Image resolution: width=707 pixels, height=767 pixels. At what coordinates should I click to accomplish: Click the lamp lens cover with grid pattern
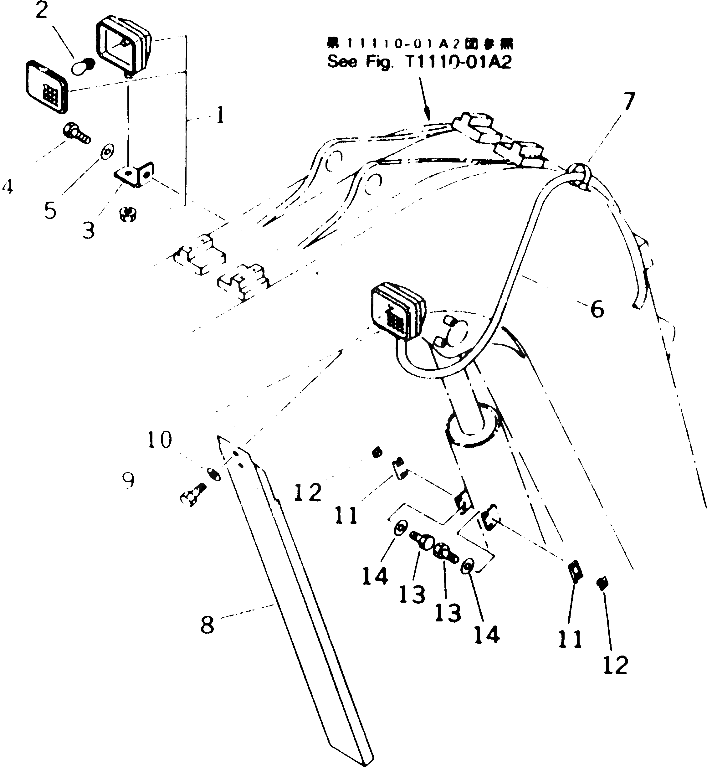click(47, 87)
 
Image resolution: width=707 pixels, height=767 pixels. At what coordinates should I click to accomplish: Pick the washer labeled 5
click(107, 152)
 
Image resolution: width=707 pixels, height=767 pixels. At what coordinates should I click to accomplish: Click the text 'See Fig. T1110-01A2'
click(419, 62)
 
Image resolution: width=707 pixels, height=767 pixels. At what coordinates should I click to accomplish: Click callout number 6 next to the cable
click(597, 309)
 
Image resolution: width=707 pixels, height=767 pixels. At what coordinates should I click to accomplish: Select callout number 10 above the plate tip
click(160, 440)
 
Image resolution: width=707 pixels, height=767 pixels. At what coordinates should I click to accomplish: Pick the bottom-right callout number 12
click(616, 665)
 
